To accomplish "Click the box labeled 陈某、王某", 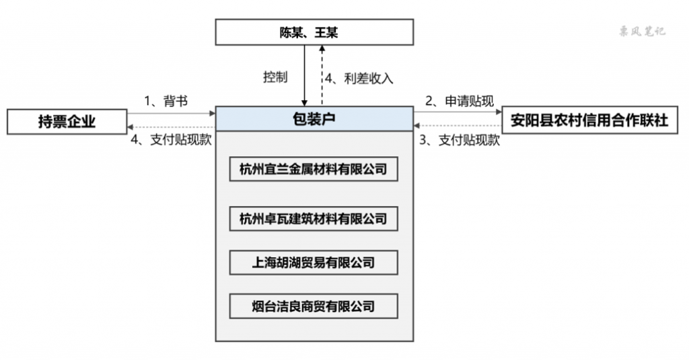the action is coord(314,32).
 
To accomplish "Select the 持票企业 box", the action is coord(67,121).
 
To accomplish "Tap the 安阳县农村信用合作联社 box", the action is coord(589,120).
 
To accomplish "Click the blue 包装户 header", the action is coord(314,118).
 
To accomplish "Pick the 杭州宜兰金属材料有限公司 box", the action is coord(314,169).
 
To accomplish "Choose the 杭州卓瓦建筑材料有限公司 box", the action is coord(314,219).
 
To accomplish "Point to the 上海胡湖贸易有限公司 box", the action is coord(314,262).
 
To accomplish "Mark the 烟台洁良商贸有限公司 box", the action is coord(314,306).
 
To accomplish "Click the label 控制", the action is coord(275,77).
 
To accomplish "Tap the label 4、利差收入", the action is coord(359,79).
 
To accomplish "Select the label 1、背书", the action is coord(166,101).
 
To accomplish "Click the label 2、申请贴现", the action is coord(460,101).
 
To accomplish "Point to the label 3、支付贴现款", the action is coord(460,140).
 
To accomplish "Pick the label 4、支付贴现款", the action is coord(172,139).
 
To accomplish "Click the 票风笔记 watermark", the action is coord(642,31).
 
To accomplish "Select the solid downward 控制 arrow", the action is coord(304,75).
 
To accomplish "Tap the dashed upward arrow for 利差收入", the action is coord(322,75).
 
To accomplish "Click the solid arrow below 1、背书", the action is coord(172,114).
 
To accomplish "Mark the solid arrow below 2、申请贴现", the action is coord(458,112).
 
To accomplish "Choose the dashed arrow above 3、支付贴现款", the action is coord(458,126).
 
